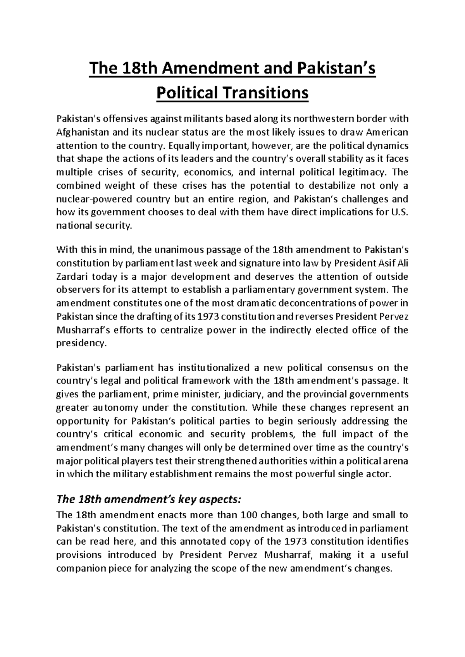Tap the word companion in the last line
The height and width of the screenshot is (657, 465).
tap(81, 568)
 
